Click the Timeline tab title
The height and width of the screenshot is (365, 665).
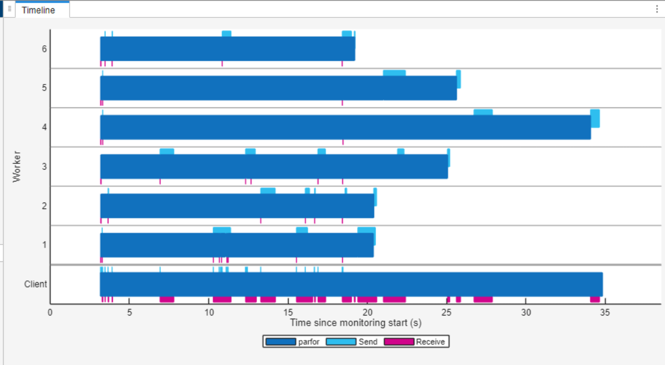[38, 10]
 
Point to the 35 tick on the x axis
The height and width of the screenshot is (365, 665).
[605, 312]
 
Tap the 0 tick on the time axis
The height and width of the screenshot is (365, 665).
[50, 312]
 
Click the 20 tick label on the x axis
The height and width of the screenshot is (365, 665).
[367, 312]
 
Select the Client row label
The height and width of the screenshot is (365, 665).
[36, 284]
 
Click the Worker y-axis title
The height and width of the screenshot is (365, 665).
[17, 167]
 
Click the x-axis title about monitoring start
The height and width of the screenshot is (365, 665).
[355, 323]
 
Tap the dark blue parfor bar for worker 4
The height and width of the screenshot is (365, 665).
[345, 127]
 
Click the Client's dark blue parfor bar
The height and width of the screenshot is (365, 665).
[351, 284]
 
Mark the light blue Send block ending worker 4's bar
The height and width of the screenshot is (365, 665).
[595, 118]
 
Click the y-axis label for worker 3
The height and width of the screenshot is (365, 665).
[45, 166]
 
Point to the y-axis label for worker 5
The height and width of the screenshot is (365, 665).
[45, 88]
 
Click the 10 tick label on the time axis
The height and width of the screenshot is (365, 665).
[208, 312]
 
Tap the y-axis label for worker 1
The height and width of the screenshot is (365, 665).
[45, 245]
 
